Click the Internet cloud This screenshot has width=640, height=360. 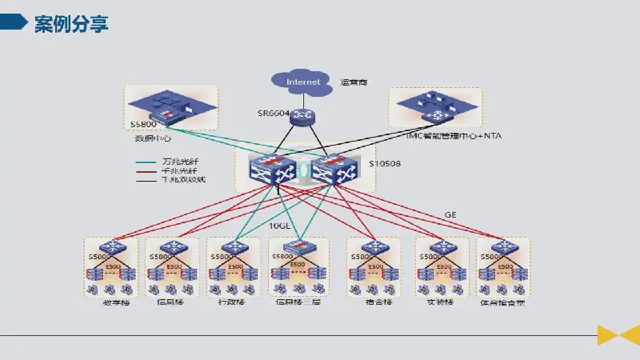(304, 81)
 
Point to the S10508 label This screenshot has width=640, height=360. (385, 165)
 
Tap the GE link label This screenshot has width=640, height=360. (450, 214)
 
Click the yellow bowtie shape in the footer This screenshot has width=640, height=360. (618, 334)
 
